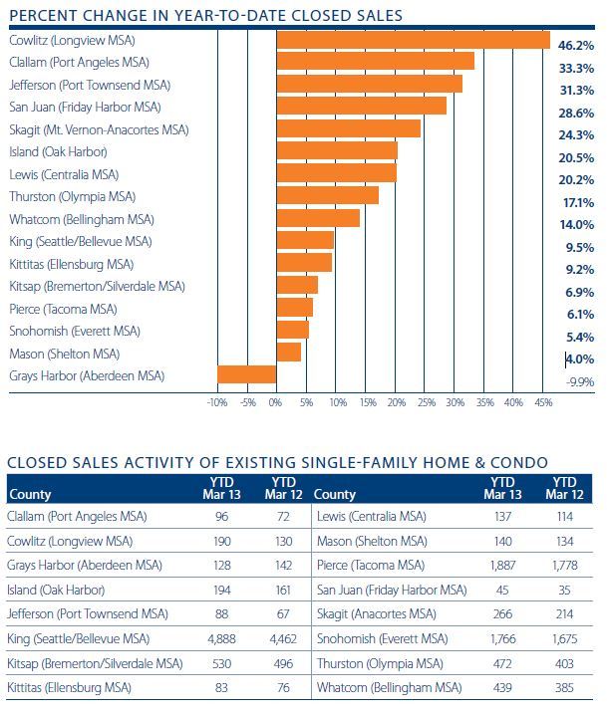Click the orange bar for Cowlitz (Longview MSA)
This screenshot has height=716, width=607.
413,40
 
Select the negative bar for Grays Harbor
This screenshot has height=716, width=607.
246,375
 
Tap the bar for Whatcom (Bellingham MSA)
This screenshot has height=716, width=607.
318,218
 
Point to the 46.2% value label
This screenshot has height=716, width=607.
578,46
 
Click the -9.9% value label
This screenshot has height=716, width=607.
580,381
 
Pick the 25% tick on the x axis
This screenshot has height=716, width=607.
425,402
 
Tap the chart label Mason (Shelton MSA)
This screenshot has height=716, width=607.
64,354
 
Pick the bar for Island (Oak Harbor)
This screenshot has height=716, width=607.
337,151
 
